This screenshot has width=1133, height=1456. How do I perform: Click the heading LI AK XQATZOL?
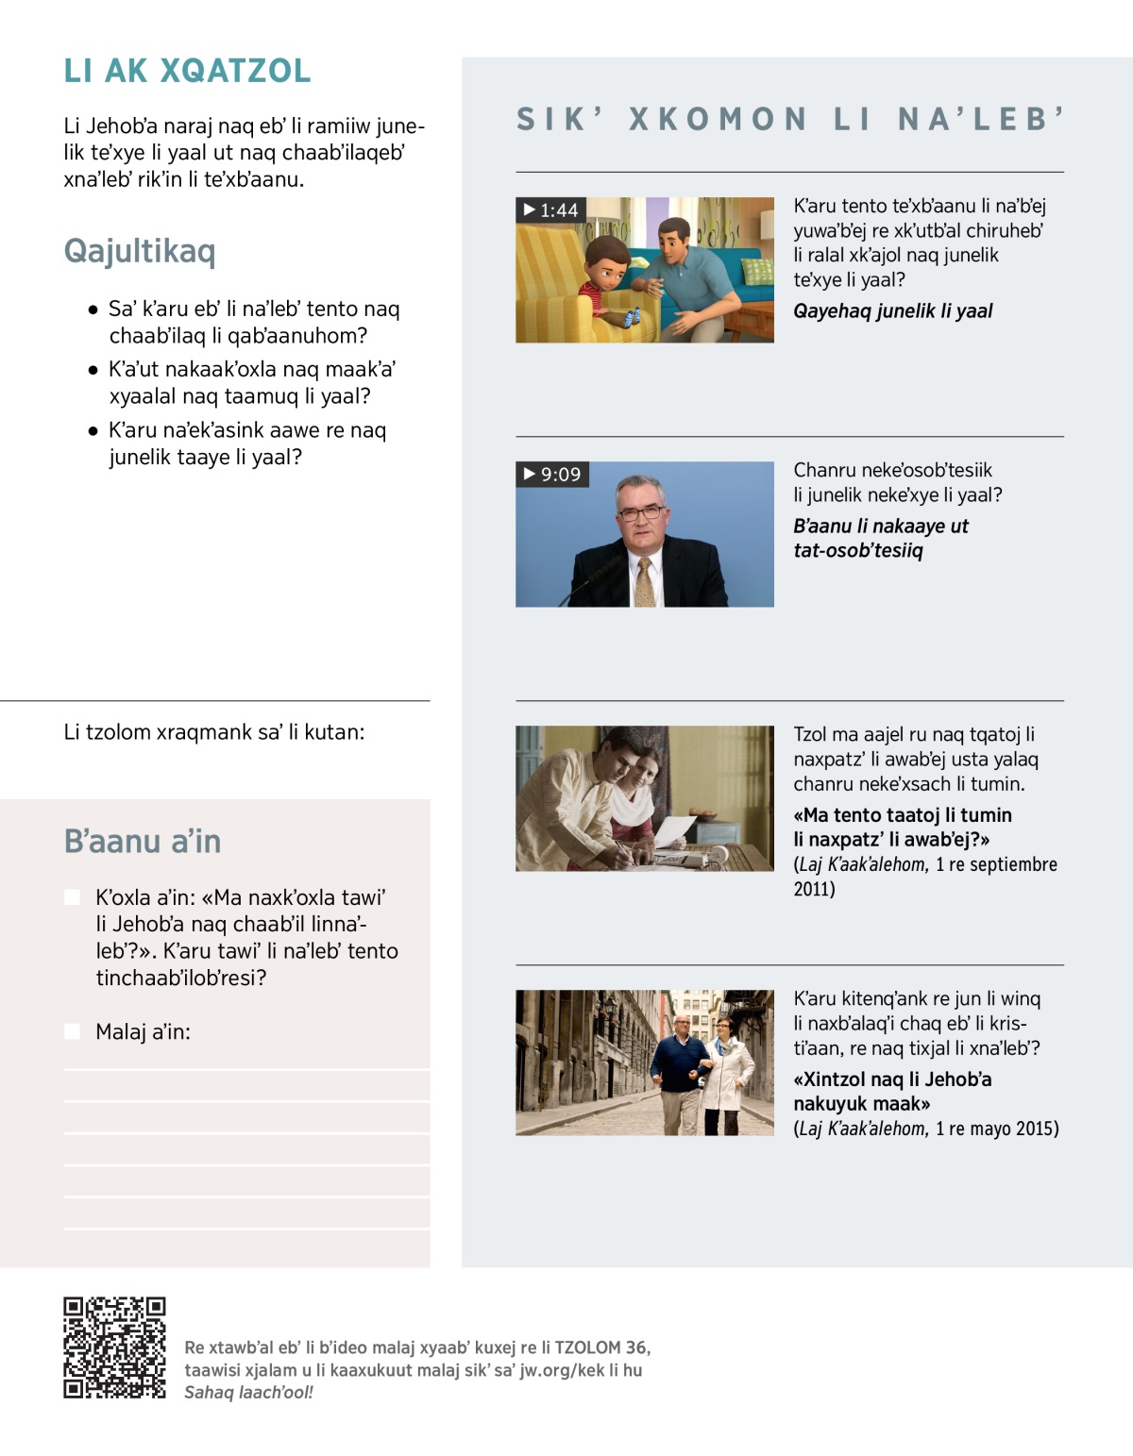click(187, 71)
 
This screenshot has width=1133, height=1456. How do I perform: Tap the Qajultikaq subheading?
click(140, 251)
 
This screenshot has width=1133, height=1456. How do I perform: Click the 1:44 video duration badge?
click(550, 209)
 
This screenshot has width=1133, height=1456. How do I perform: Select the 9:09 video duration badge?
click(552, 474)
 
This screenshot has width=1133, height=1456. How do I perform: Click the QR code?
click(114, 1347)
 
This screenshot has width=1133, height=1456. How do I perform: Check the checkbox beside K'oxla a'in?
click(73, 897)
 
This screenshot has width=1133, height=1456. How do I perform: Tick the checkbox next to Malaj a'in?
click(73, 1031)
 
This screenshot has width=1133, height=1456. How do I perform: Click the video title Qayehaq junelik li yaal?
click(892, 311)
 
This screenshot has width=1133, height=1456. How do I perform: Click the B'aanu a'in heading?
click(143, 841)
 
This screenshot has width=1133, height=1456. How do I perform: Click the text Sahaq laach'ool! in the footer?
click(248, 1393)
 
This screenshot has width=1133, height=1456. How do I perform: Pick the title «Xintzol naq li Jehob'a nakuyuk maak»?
click(892, 1092)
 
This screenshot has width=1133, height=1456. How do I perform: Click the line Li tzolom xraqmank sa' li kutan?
click(214, 732)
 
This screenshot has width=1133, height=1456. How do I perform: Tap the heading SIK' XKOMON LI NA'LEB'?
click(790, 120)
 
